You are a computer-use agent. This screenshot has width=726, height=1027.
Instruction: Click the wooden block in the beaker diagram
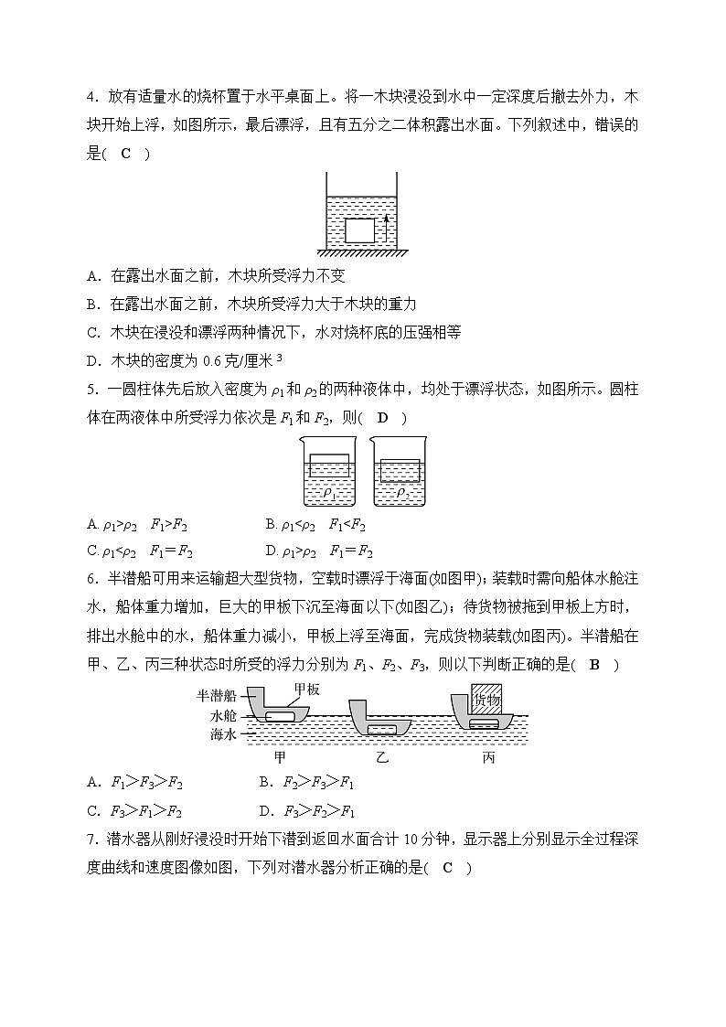pyautogui.click(x=358, y=230)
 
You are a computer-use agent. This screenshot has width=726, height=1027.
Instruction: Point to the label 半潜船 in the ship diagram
pyautogui.click(x=217, y=695)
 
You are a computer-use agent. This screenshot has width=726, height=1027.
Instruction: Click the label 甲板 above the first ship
pyautogui.click(x=306, y=690)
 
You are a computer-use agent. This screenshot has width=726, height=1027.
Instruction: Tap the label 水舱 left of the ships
pyautogui.click(x=224, y=715)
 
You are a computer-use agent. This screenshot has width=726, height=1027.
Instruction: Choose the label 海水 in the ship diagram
pyautogui.click(x=224, y=733)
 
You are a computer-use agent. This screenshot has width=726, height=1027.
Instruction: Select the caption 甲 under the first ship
pyautogui.click(x=280, y=757)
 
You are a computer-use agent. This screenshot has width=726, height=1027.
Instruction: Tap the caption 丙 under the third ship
pyautogui.click(x=488, y=757)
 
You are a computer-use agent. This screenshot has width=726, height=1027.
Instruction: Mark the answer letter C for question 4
pyautogui.click(x=125, y=153)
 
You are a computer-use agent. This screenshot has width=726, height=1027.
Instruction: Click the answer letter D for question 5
pyautogui.click(x=382, y=418)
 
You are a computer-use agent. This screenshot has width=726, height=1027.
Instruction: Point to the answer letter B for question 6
pyautogui.click(x=594, y=665)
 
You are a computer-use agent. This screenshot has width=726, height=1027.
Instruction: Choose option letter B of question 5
pyautogui.click(x=271, y=524)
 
